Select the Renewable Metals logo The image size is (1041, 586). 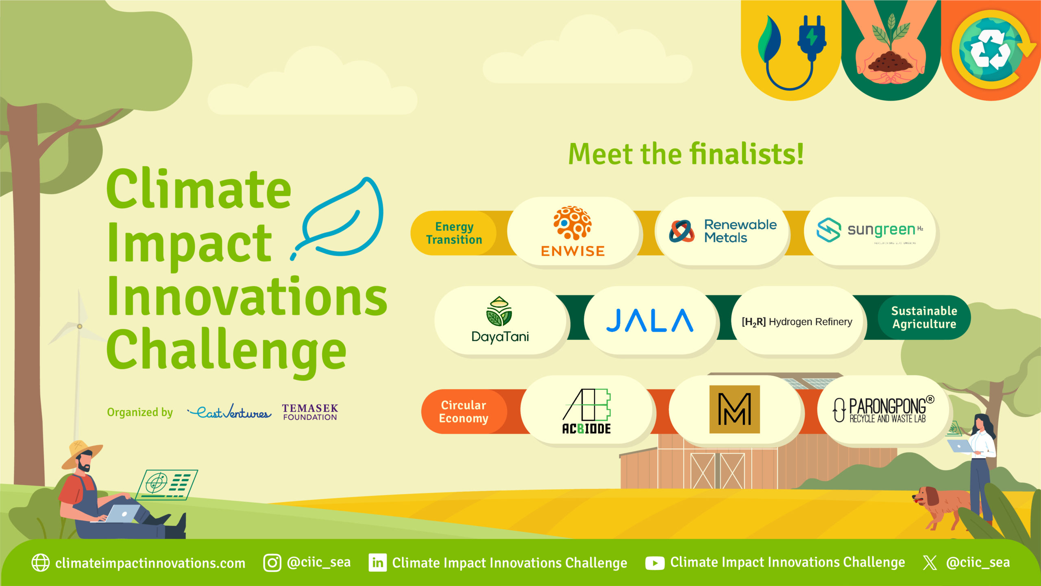[x=723, y=231]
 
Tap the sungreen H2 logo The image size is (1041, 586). [x=870, y=230]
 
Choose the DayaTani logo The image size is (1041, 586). [x=500, y=320]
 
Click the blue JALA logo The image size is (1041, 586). [x=649, y=320]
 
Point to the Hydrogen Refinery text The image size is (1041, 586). [x=797, y=322]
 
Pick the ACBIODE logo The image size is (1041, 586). [x=586, y=411]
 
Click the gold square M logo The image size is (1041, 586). [x=734, y=409]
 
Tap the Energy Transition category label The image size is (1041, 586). [x=454, y=233]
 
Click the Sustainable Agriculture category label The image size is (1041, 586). [x=924, y=317]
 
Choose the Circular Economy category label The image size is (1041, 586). [x=464, y=411]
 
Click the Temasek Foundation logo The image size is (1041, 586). [x=310, y=412]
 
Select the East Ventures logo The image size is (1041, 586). [x=230, y=412]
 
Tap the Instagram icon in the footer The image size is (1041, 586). [x=272, y=563]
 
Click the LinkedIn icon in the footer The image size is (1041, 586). [x=377, y=563]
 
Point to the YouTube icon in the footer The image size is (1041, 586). [x=655, y=563]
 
